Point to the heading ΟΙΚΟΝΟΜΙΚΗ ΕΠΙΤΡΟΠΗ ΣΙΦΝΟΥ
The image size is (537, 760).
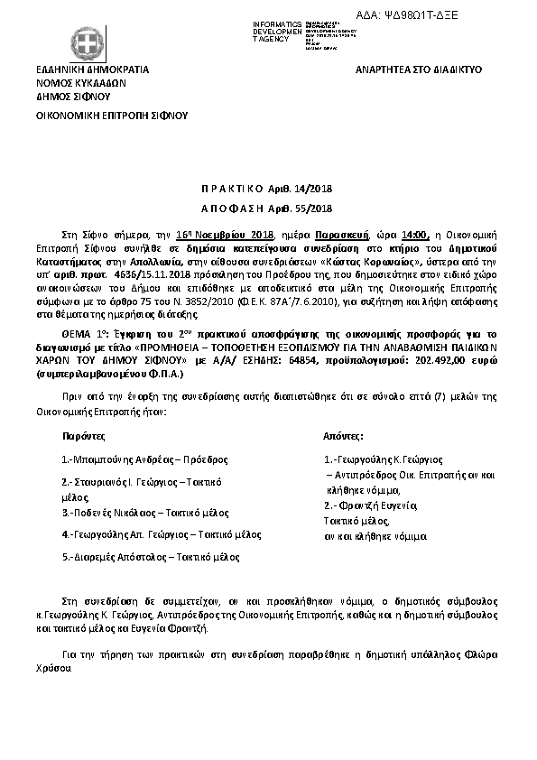(x=110, y=116)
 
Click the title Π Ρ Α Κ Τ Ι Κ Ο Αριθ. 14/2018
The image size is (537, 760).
(x=267, y=190)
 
